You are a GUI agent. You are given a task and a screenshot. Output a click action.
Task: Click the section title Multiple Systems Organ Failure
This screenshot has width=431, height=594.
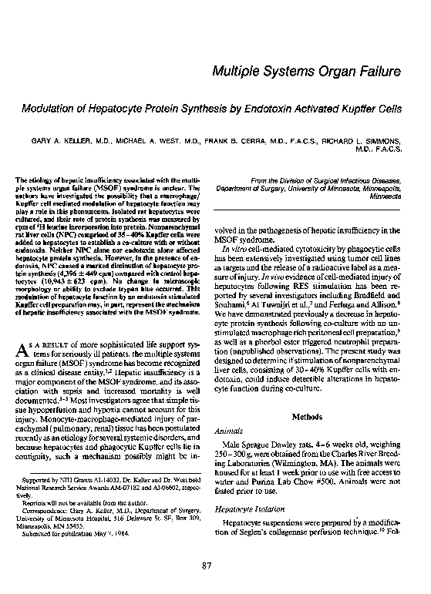[x=305, y=72]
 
